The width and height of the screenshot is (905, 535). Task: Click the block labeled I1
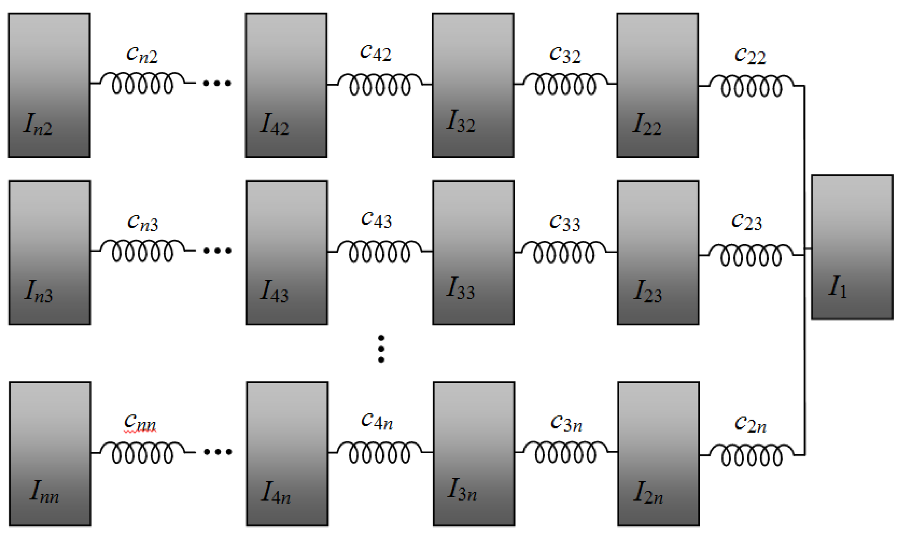(852, 247)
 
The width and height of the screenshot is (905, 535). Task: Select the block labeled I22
(657, 85)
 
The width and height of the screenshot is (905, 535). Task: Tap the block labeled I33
(473, 252)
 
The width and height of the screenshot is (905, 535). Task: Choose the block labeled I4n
(287, 454)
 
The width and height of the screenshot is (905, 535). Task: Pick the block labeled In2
(49, 85)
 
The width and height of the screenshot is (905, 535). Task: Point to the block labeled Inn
(50, 454)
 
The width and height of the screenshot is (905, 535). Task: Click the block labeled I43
(287, 252)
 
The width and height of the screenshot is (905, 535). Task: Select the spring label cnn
(140, 422)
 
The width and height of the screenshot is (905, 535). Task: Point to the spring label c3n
(566, 423)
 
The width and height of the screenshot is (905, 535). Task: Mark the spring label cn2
(142, 55)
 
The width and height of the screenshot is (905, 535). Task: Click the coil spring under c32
(565, 84)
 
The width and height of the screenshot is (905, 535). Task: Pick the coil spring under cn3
(143, 251)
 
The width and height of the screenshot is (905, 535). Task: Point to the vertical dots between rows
(381, 349)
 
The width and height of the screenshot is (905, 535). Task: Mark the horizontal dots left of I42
(217, 83)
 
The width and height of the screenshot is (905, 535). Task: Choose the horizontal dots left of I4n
(218, 452)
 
